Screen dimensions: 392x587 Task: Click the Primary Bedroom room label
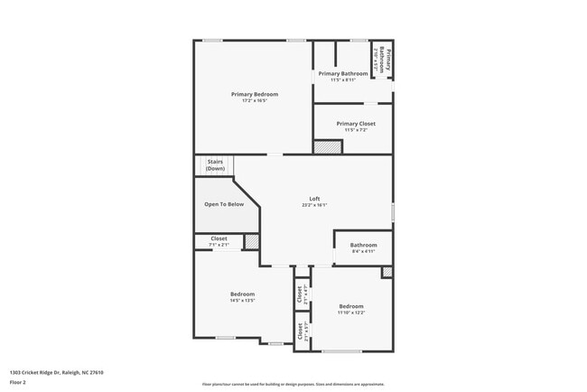click(x=254, y=94)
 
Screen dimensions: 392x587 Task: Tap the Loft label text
click(x=314, y=199)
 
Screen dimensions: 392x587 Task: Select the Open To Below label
click(x=224, y=204)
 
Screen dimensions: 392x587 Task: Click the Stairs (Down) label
click(x=215, y=165)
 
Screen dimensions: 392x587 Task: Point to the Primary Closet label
click(x=355, y=124)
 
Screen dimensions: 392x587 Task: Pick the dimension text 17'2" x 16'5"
click(x=254, y=100)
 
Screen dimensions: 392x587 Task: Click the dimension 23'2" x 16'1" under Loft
click(x=314, y=205)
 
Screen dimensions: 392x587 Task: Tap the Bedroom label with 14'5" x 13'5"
click(x=242, y=294)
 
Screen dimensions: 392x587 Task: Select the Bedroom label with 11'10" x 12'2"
click(x=350, y=306)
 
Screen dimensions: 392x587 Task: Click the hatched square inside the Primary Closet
click(x=322, y=146)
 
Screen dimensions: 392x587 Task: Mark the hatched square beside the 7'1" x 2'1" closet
click(x=251, y=241)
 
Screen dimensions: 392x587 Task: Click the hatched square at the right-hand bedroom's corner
click(x=387, y=272)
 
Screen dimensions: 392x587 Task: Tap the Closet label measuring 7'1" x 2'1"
click(x=219, y=238)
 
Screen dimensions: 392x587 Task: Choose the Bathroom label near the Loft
click(x=363, y=245)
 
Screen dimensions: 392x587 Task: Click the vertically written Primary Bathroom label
click(x=382, y=59)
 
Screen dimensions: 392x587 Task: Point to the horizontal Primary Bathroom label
click(x=342, y=73)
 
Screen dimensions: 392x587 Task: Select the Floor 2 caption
click(x=19, y=382)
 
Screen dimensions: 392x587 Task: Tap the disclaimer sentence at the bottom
click(x=293, y=383)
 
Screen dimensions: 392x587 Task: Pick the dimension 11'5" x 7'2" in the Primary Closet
click(x=355, y=130)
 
